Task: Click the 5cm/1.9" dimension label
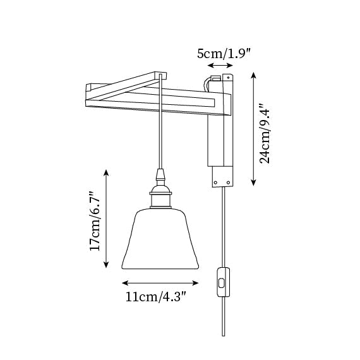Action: click(223, 54)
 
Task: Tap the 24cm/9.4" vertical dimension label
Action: click(265, 134)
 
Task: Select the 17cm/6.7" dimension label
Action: click(95, 221)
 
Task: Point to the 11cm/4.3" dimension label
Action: click(155, 297)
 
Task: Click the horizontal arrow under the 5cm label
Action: click(220, 66)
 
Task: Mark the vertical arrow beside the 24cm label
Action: click(253, 129)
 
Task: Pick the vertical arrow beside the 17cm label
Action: click(106, 219)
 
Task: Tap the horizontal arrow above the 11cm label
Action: click(160, 283)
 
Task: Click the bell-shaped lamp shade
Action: click(160, 239)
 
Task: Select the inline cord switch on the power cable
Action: click(223, 282)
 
